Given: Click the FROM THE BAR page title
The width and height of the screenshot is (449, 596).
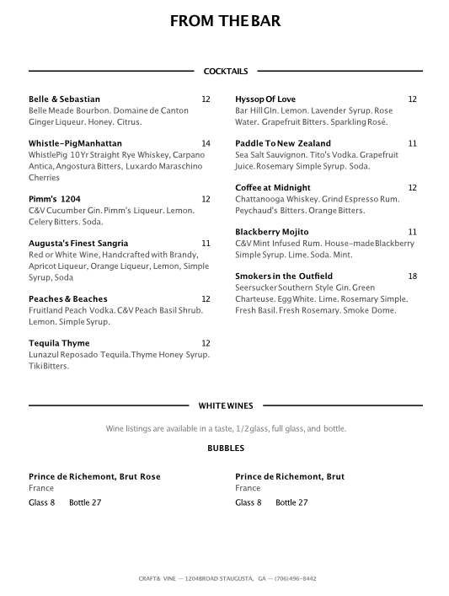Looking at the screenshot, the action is click(x=225, y=22).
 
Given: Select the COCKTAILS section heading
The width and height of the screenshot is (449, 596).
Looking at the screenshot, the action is click(x=226, y=72).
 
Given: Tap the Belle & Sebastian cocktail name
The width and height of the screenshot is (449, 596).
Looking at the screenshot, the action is click(x=64, y=99).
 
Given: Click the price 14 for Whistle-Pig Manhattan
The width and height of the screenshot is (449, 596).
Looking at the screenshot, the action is click(x=206, y=143).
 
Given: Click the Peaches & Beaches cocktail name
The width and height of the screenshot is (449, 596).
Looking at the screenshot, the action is click(x=68, y=299).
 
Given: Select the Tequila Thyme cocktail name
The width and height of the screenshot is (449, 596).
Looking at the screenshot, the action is click(x=60, y=343).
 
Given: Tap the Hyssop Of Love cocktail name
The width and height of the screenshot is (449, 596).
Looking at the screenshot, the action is click(x=265, y=99).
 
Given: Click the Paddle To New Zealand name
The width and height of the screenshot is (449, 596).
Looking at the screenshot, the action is click(x=283, y=143).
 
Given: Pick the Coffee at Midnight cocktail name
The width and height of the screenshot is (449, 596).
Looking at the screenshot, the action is click(x=273, y=187).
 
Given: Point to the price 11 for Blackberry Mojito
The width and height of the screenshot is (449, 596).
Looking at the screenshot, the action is click(x=413, y=232).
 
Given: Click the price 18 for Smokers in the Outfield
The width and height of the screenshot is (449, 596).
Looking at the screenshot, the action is click(x=413, y=276).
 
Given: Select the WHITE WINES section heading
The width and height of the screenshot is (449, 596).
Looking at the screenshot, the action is click(x=226, y=405).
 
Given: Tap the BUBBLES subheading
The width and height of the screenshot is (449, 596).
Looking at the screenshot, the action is click(x=226, y=448).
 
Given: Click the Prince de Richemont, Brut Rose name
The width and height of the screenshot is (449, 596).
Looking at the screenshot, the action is click(x=94, y=476).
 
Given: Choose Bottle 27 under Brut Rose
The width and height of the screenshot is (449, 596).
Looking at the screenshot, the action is click(x=85, y=502).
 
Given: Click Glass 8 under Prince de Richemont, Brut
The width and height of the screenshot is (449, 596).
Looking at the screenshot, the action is click(x=249, y=502).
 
